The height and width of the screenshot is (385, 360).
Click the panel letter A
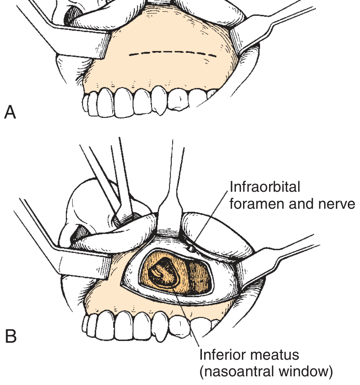pyautogui.click(x=10, y=112)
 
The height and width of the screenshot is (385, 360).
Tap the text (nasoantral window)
pyautogui.click(x=266, y=372)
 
